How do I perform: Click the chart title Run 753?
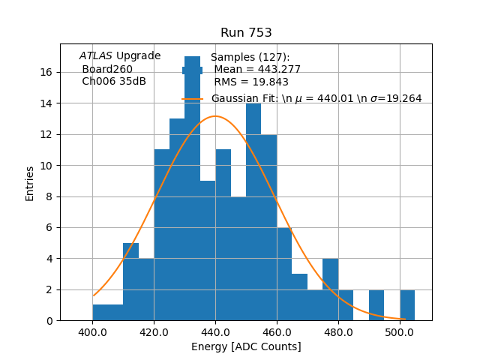point(246,33)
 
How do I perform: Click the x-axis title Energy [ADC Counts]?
point(246,346)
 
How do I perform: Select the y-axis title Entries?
point(30,183)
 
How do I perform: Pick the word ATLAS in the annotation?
point(96,55)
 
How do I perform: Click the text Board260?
point(107,69)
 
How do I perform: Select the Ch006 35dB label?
point(114,82)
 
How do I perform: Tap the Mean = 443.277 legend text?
point(257,70)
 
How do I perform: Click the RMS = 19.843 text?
point(251,82)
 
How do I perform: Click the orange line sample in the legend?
point(193,98)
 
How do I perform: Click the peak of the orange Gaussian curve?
point(215,116)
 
